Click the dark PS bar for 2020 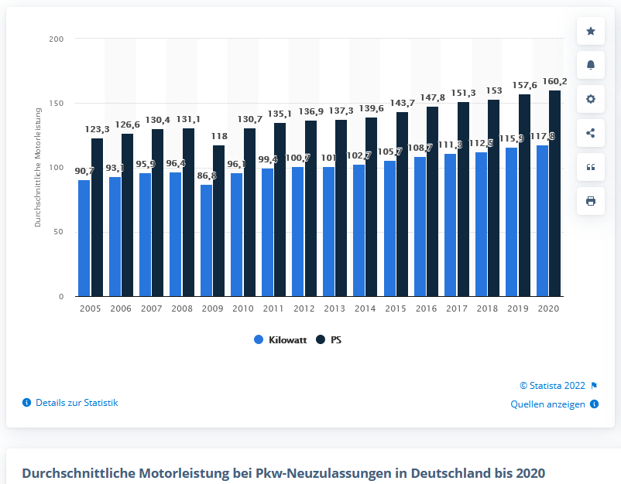554,193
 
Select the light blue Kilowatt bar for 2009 206,240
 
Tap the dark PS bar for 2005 97,217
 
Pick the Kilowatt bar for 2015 389,228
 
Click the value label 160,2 554,80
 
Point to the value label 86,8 206,176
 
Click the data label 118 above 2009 219,135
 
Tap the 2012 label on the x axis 304,308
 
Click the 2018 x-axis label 487,308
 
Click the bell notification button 591,65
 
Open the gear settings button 591,99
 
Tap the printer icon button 591,201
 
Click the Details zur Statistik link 77,403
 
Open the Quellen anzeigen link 547,404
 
